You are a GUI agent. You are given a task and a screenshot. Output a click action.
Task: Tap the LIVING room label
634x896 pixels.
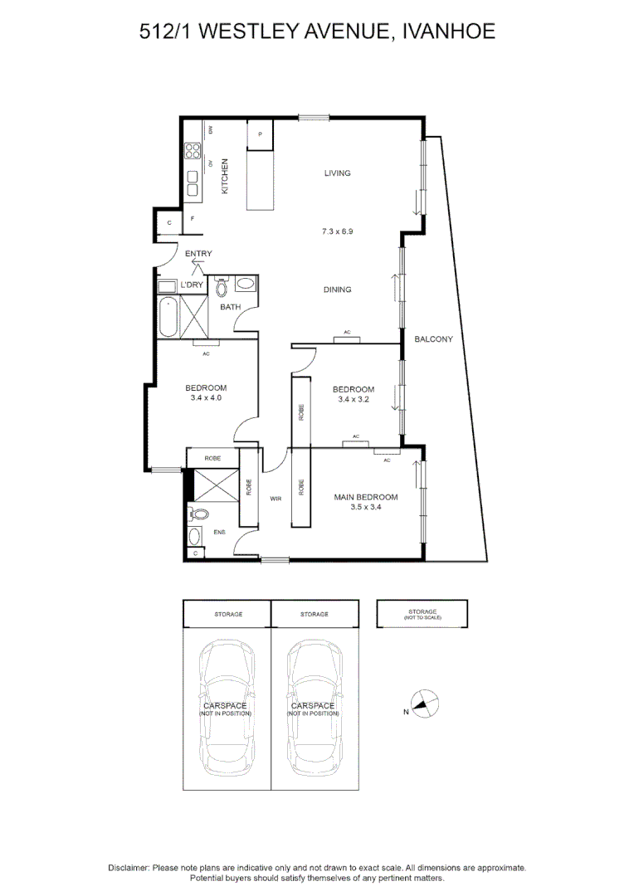[337, 173]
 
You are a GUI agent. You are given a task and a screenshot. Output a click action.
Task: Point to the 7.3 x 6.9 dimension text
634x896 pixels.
[337, 231]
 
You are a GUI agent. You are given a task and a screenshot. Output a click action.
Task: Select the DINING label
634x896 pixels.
[337, 290]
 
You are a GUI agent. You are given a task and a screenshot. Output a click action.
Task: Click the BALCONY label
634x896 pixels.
[433, 338]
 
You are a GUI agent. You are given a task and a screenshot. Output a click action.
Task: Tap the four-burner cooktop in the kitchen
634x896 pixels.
[193, 151]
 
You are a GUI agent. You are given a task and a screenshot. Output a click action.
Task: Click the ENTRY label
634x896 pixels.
[198, 254]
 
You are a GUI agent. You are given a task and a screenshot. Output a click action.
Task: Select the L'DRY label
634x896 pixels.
[193, 285]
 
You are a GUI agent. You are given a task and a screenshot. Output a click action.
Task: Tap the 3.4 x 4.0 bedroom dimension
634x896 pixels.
[205, 398]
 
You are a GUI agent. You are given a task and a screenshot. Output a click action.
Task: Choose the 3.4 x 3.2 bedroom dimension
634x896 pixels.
[353, 400]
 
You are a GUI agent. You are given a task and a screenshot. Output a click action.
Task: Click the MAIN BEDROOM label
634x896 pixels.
[365, 497]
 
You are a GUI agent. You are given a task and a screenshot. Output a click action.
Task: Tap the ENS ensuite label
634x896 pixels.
[219, 532]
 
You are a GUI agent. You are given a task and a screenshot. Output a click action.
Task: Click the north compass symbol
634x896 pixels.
[423, 706]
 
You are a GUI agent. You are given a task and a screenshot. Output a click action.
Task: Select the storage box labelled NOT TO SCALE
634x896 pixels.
[422, 615]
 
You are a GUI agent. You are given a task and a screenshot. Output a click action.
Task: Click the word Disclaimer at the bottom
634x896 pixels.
[129, 867]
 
